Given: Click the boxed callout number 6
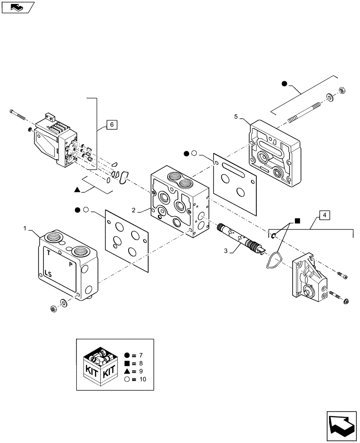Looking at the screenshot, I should coord(112,125).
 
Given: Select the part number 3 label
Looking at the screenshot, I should coord(226,251).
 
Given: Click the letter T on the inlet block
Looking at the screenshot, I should coord(48,253).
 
